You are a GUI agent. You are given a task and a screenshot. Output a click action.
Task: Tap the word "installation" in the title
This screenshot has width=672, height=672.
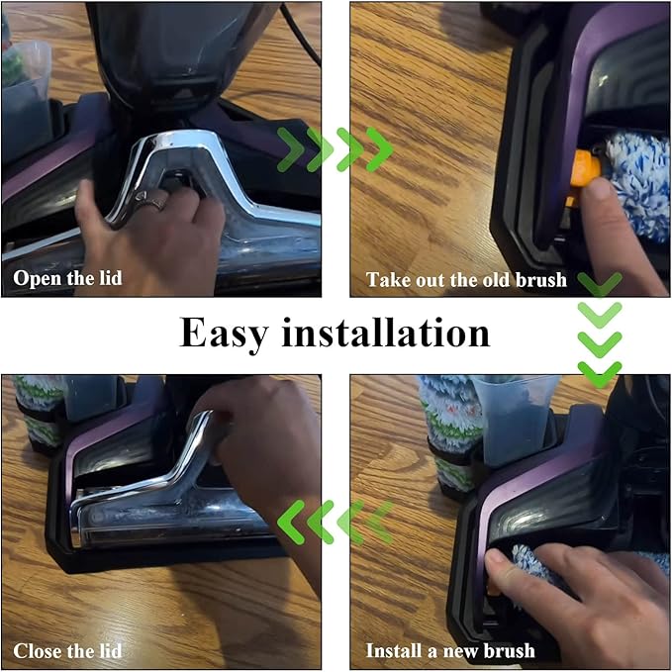385,333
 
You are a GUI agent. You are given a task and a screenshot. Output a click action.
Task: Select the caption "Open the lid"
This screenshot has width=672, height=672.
67,278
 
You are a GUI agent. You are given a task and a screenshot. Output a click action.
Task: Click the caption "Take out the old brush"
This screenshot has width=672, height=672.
466,280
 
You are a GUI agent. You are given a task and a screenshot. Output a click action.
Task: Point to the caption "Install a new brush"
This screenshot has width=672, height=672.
450,650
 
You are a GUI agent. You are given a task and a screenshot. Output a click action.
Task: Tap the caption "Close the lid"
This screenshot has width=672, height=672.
67,650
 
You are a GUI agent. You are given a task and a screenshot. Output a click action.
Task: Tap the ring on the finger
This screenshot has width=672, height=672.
151,201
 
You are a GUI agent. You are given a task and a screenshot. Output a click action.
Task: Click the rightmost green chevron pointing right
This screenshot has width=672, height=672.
380,150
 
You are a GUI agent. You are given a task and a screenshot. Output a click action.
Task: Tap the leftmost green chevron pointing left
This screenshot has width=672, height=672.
291,522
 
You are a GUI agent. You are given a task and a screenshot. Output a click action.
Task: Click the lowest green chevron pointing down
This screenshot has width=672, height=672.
600,374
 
